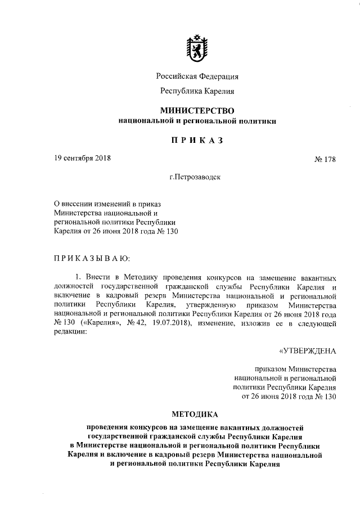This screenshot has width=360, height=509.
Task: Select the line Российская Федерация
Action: tap(197, 77)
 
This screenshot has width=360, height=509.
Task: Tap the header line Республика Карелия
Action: tap(197, 91)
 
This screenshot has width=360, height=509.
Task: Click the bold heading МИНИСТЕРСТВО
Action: tap(197, 110)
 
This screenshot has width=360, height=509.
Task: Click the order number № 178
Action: tap(325, 159)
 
